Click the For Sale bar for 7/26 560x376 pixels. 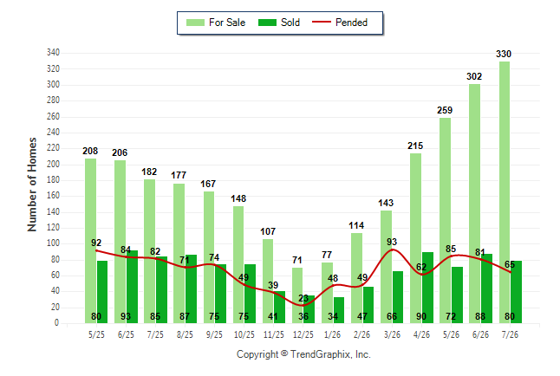(505, 192)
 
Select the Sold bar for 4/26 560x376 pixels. (427, 288)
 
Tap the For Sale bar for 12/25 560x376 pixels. (297, 295)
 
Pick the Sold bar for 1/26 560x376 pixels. (339, 310)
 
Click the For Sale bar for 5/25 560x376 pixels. (90, 241)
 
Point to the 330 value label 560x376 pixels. (504, 54)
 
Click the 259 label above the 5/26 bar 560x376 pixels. (445, 110)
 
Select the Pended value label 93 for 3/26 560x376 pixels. (392, 242)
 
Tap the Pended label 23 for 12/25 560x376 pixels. (303, 298)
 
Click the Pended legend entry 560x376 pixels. (340, 23)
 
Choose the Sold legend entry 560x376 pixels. (279, 23)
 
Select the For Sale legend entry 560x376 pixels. (216, 23)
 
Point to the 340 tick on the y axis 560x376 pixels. (53, 53)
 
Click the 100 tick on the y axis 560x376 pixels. (53, 243)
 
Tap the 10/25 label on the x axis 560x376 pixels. (244, 334)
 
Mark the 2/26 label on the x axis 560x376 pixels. (362, 334)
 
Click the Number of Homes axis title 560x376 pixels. (32, 185)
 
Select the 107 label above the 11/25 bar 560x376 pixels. (268, 231)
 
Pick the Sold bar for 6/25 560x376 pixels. (132, 287)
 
